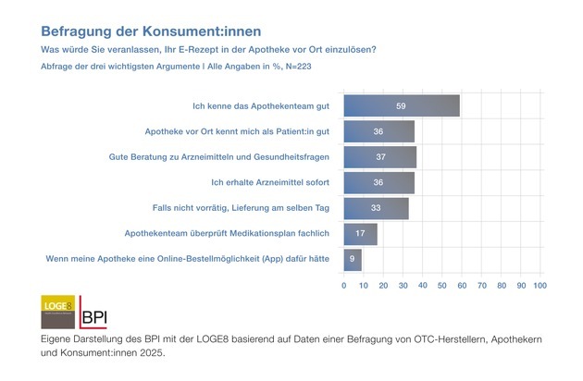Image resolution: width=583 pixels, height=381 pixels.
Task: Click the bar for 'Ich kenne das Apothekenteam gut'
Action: pos(402,105)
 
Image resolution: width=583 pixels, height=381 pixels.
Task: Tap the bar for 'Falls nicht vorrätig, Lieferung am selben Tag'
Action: pos(376,209)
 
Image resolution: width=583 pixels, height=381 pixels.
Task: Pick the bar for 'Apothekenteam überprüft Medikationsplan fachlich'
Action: pos(360,235)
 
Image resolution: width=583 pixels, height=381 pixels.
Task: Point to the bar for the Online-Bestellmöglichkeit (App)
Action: pos(353,260)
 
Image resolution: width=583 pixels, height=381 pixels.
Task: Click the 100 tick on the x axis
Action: pos(540,286)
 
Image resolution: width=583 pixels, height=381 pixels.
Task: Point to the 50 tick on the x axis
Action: pos(442,286)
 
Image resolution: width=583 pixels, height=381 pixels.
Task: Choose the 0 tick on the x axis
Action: pos(344,286)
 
